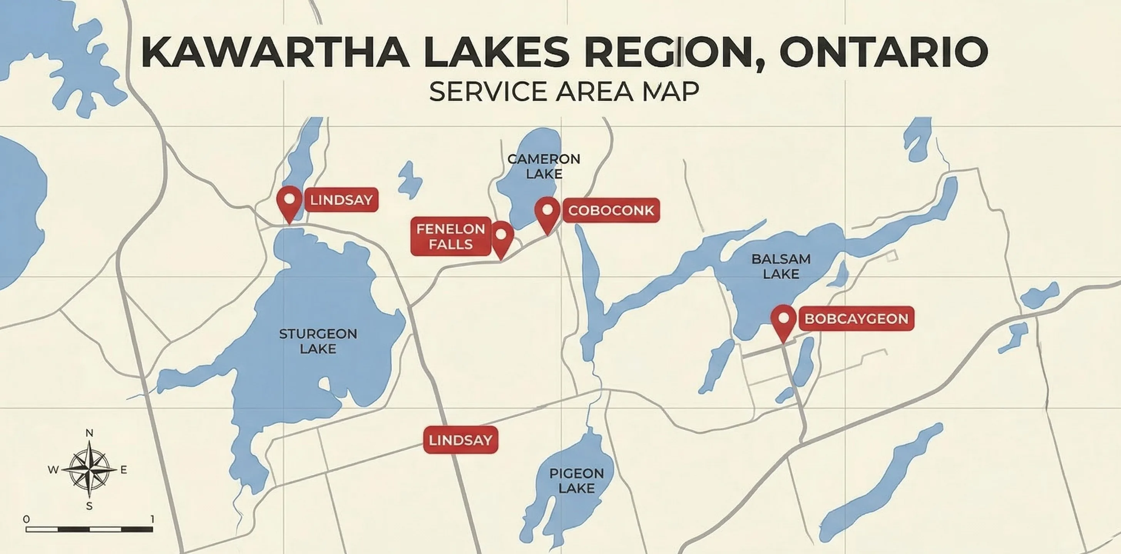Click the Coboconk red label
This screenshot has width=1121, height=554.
611,210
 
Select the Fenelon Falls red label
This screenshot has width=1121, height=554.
451,237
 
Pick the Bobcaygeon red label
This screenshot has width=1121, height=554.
857,319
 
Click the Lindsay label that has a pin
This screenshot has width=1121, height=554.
341,200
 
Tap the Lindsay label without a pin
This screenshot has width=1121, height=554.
460,440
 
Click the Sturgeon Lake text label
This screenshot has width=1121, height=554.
318,341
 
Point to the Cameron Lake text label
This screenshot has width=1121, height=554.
544,167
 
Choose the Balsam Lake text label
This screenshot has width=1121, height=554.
781,267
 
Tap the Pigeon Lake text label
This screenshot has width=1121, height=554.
577,481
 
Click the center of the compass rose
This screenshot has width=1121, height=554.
89,470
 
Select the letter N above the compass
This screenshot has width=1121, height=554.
89,433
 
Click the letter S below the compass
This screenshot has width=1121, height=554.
89,506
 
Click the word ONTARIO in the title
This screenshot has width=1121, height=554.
883,52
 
